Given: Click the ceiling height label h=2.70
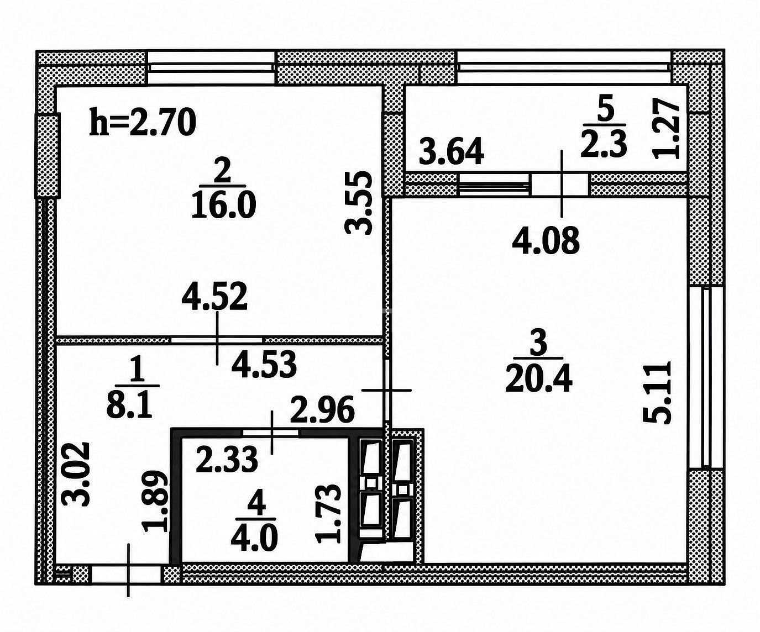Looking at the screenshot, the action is [x=143, y=123].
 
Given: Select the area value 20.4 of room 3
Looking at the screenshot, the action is [x=539, y=380].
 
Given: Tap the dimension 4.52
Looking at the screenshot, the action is [x=214, y=296].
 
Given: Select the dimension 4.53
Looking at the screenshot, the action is [x=264, y=366].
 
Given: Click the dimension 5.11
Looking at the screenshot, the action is [x=656, y=392].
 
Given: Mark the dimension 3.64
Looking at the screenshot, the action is [x=452, y=151].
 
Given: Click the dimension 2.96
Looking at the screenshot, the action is [x=322, y=410].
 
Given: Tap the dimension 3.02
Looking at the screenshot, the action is [x=75, y=474].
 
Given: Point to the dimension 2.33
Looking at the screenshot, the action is [x=227, y=459].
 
